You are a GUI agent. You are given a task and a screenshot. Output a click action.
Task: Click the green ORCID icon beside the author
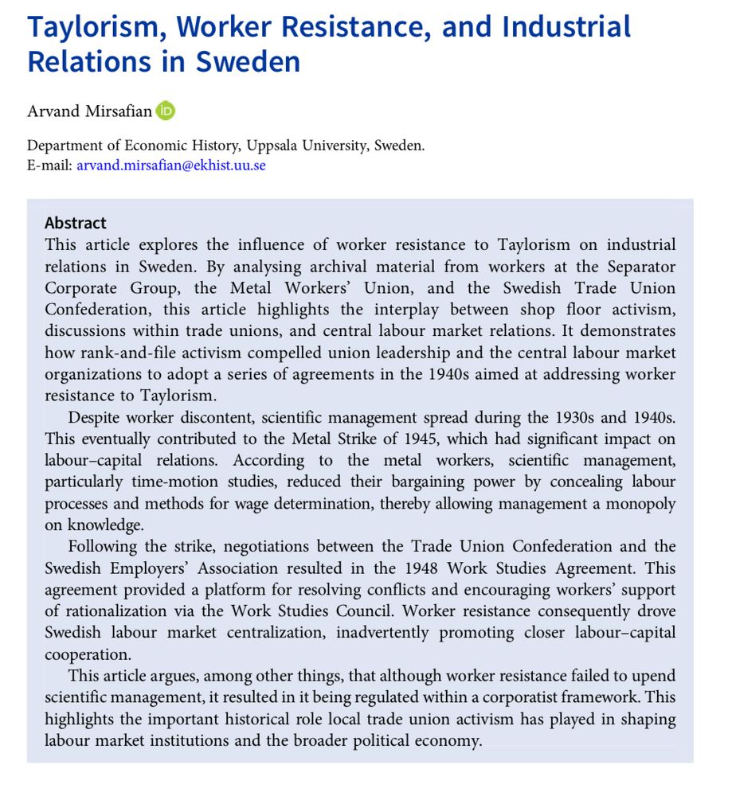(166, 111)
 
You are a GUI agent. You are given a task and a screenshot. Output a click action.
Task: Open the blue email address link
(171, 166)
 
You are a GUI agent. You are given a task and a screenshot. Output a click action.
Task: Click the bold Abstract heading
(76, 223)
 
